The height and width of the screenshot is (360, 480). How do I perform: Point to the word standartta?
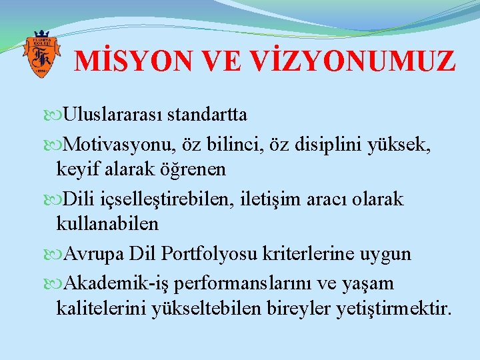207,115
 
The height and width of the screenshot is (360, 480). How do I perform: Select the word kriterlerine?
311,254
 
